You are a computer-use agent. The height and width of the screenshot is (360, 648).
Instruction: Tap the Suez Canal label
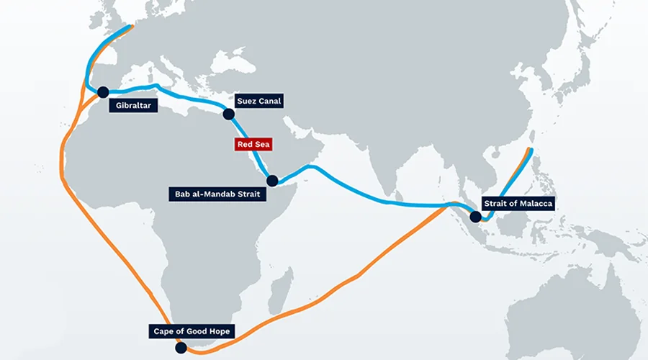click(x=259, y=101)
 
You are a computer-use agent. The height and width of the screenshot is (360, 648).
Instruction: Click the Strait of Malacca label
click(x=518, y=204)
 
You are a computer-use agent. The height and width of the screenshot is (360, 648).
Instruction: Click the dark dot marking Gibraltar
click(x=103, y=92)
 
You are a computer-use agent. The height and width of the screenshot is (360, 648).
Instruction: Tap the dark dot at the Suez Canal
click(x=229, y=114)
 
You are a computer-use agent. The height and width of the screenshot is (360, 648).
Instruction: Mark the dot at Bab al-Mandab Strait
click(x=272, y=181)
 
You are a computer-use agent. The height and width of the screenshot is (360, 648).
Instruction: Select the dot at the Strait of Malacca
click(x=475, y=216)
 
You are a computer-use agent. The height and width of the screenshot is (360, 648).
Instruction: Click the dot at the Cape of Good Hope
click(x=181, y=348)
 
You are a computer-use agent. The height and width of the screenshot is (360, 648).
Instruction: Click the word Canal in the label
click(x=269, y=101)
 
